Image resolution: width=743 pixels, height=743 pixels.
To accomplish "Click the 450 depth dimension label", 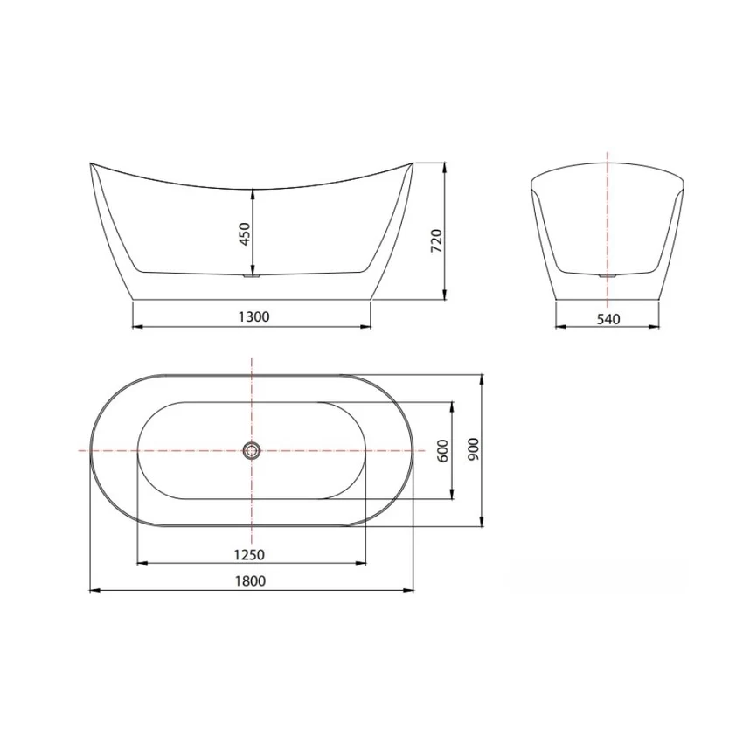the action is coord(245,233).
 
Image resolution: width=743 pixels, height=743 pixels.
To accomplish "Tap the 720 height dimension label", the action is coord(436,240).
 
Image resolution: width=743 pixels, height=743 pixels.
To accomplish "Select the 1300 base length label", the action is coord(253,316).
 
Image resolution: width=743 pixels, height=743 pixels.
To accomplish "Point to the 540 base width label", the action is coord(608,319).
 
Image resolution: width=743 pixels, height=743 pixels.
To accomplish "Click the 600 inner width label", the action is coord(442,451).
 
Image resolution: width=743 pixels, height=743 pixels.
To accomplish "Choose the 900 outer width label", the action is coord(474,448).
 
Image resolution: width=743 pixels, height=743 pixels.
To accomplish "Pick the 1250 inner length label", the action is coord(249,554).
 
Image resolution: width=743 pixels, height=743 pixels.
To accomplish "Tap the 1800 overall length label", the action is coord(250,580).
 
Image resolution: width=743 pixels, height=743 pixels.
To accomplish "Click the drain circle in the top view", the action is coord(252,450).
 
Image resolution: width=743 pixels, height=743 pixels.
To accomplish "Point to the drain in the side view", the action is coord(252,275).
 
